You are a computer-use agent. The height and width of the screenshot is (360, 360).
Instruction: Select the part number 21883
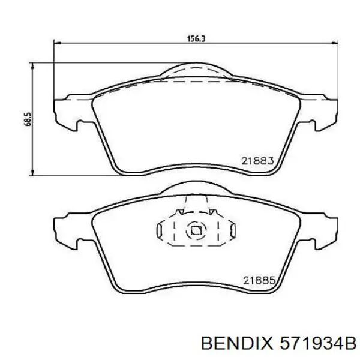[257, 160]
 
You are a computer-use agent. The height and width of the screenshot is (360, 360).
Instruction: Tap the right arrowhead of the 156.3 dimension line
[332, 43]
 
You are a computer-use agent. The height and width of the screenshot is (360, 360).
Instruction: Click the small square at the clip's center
[195, 230]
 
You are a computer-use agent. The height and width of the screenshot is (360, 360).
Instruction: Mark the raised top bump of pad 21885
[195, 191]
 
